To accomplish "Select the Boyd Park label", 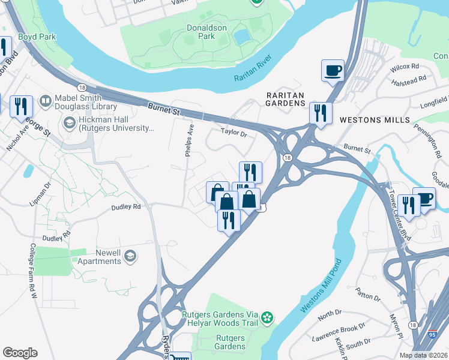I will pyautogui.click(x=37, y=37).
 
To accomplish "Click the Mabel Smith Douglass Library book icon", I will pyautogui.click(x=45, y=101).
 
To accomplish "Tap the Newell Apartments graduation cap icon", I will pyautogui.click(x=130, y=257).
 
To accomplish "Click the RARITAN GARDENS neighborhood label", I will pyautogui.click(x=286, y=99).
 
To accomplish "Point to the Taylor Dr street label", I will pyautogui.click(x=234, y=132).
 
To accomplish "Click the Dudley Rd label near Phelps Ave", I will pyautogui.click(x=125, y=206).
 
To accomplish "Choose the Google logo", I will pyautogui.click(x=20, y=353).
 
